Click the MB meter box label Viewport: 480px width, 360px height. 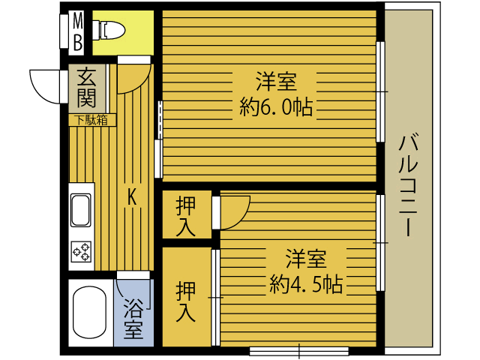[77, 31]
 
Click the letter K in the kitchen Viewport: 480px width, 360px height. [132, 196]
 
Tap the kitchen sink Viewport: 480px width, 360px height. [80, 210]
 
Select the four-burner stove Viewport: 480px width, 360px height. [80, 250]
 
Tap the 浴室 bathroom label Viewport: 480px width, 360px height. [133, 318]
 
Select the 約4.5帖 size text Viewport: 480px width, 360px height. [306, 284]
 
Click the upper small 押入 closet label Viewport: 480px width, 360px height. [186, 215]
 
